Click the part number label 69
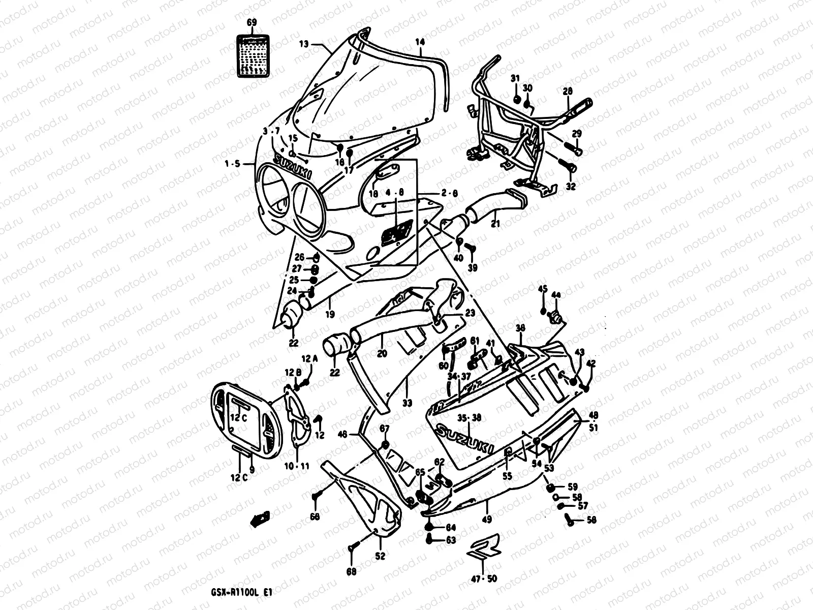[252, 22]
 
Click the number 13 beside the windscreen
[303, 44]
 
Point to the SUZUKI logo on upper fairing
[293, 166]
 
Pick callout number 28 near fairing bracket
[568, 91]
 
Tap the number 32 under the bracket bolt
[571, 187]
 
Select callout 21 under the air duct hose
[495, 224]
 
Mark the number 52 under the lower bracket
[381, 556]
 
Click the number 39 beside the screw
[473, 268]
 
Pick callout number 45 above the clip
[543, 289]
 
